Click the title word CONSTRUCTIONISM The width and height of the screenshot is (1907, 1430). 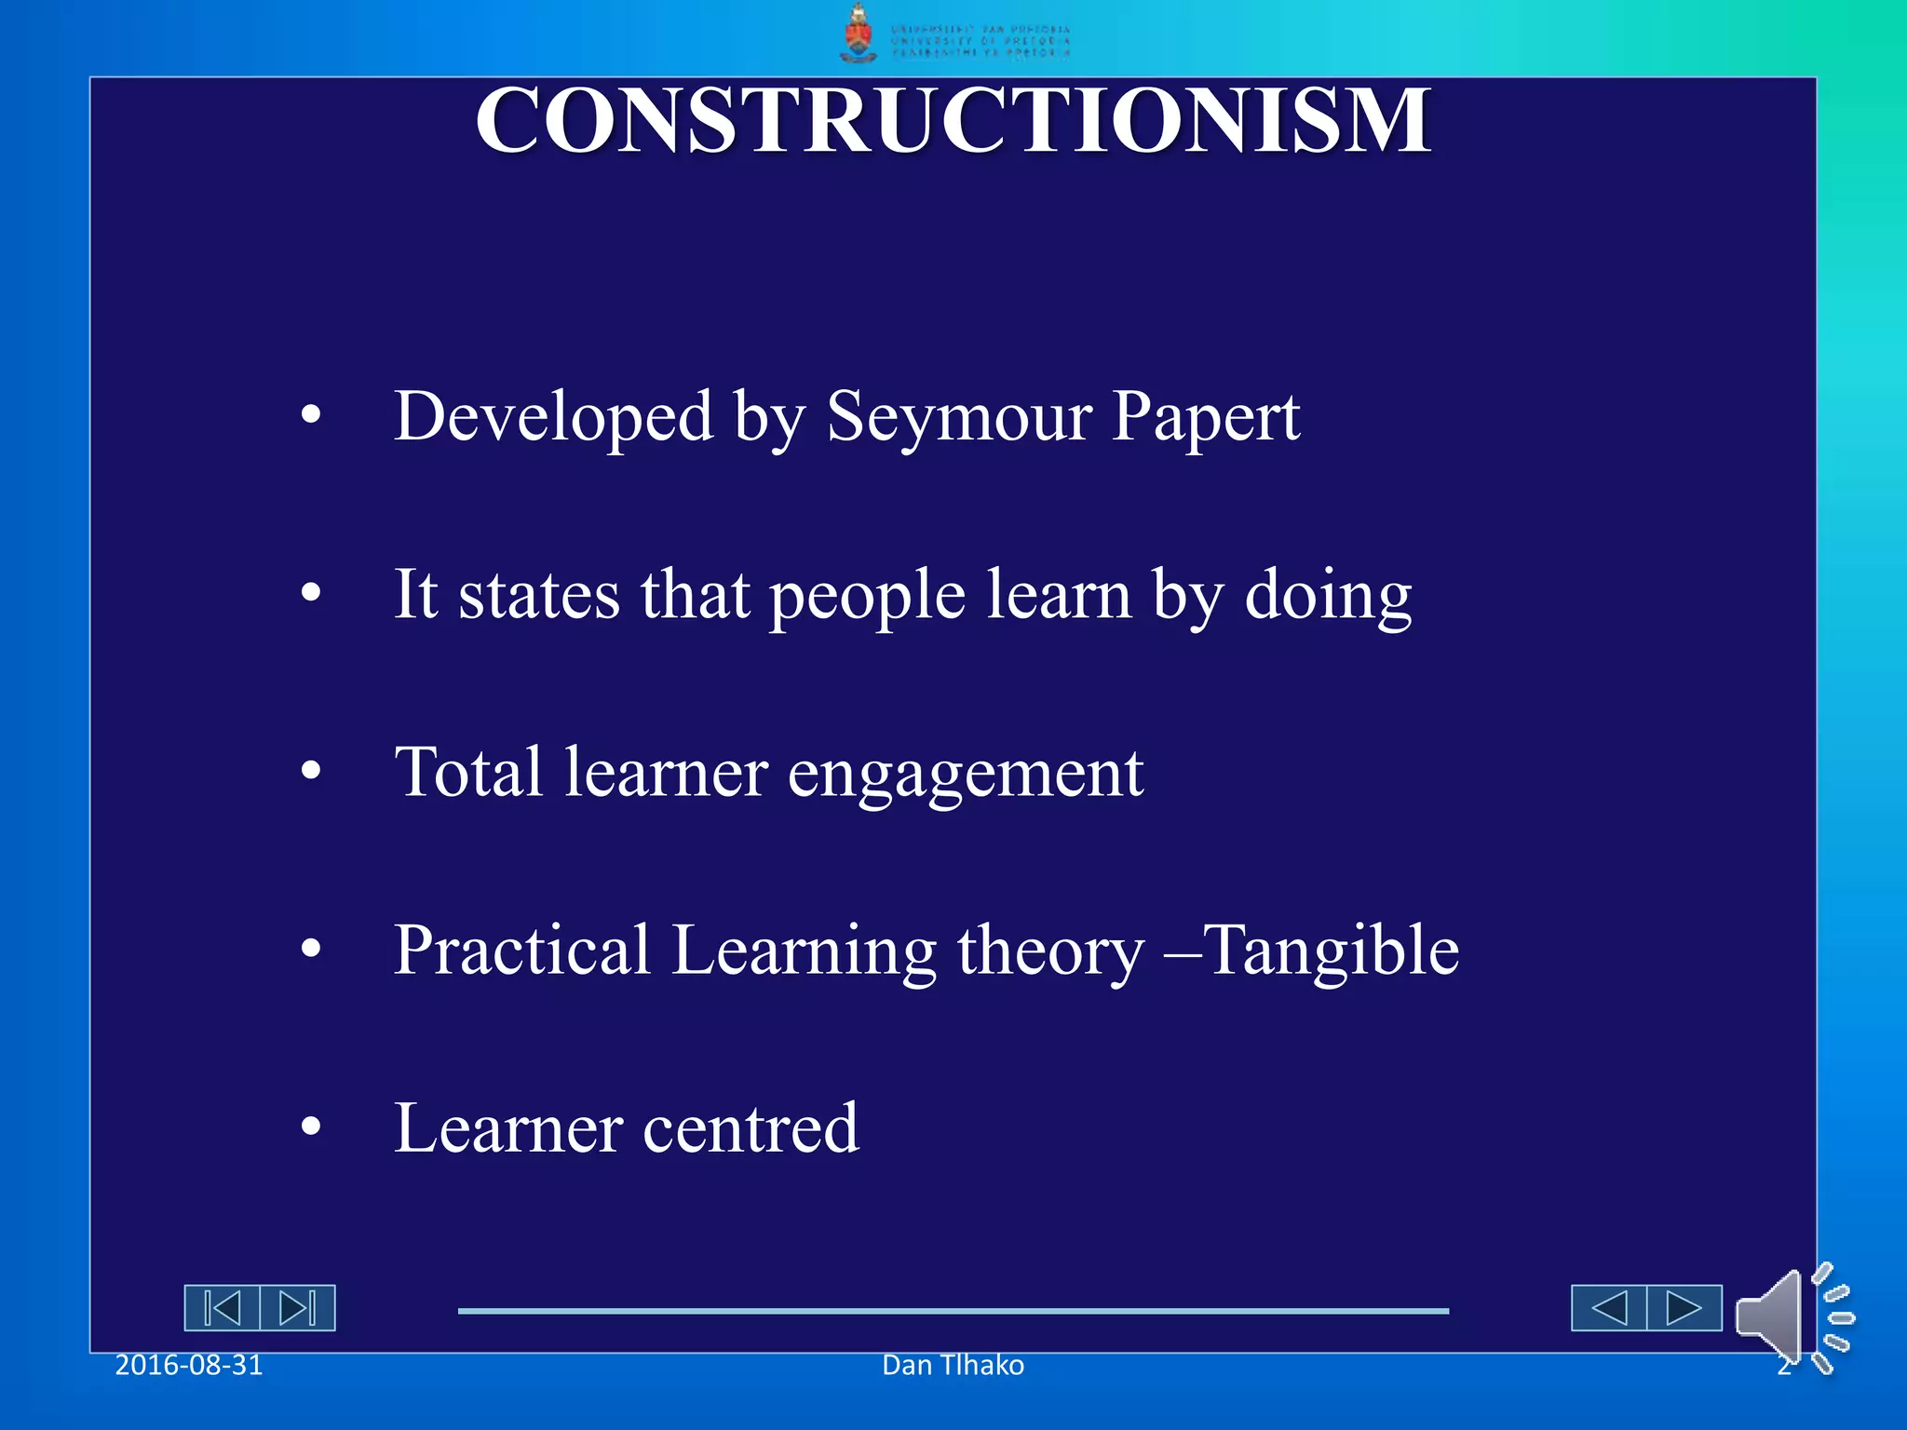[953, 121]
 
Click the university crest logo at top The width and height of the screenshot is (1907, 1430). [858, 34]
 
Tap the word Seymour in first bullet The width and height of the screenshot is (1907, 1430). [959, 416]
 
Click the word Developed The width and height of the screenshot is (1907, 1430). [553, 416]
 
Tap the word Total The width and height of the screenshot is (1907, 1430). [468, 772]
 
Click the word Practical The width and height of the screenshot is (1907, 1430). [521, 951]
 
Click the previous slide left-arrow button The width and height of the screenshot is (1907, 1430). [1609, 1308]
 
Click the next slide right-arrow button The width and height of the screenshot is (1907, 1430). [1684, 1308]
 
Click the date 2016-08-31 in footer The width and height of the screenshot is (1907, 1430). [189, 1365]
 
